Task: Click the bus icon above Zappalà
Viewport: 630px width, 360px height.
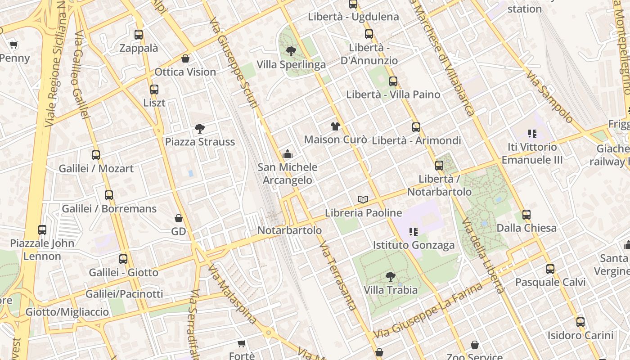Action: (x=139, y=35)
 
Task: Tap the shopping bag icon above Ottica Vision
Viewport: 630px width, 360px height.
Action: (x=185, y=58)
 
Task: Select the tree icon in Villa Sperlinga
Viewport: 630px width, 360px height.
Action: (x=291, y=51)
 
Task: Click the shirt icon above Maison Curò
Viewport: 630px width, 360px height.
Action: (x=335, y=126)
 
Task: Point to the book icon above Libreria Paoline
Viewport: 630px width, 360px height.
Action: (x=363, y=199)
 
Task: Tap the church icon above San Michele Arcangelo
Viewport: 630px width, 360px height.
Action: (x=287, y=155)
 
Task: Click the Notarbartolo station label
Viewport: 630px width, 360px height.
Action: (x=289, y=230)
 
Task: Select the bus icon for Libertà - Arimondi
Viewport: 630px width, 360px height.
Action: (x=416, y=127)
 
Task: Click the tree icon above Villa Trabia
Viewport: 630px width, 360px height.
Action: (x=391, y=277)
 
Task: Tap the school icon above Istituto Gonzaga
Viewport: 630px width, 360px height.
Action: (x=413, y=232)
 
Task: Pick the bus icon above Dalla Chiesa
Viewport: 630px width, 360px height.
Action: (x=526, y=215)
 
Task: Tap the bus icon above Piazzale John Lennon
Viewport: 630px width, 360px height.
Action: (x=42, y=230)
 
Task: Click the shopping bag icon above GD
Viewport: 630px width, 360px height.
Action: (x=179, y=219)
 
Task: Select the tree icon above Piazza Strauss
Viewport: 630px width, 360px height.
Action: (x=199, y=129)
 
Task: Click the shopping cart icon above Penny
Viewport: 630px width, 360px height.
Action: (x=13, y=45)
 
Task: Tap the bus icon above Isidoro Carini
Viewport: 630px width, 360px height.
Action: (x=580, y=322)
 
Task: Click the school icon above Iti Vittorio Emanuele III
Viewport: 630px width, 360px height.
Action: (x=532, y=134)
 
